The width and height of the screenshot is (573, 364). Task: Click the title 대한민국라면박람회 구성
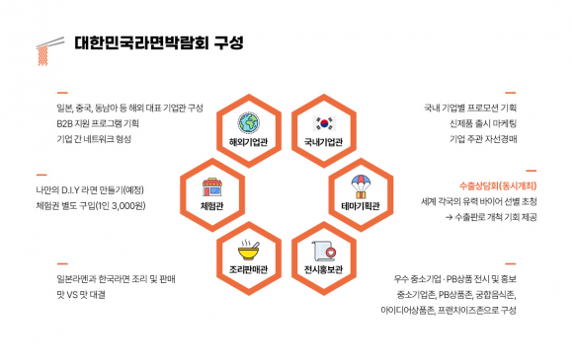159,43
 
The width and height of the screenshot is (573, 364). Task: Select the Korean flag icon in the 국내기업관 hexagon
324,123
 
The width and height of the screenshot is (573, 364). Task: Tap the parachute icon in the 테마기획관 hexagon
360,184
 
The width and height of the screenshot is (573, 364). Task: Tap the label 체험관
211,205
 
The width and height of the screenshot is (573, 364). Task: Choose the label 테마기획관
360,206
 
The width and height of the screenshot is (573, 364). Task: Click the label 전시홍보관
324,267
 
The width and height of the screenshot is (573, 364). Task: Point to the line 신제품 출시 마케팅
484,122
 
